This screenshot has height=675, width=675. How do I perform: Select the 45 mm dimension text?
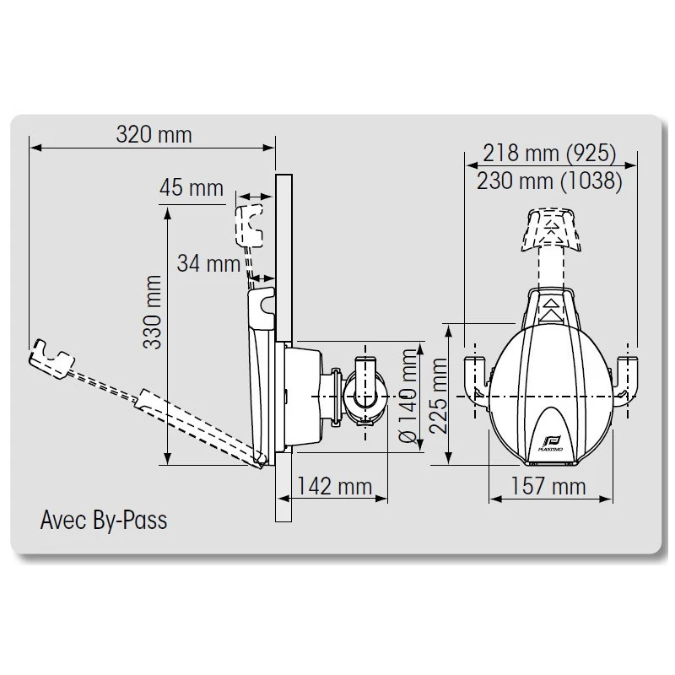(192, 187)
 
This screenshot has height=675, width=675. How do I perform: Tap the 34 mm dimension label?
(208, 263)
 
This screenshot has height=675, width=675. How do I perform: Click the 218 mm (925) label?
(549, 153)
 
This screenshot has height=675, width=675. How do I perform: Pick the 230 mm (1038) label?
(549, 180)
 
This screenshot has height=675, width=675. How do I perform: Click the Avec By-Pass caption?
(104, 519)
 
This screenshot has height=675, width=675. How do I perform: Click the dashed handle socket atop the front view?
(553, 228)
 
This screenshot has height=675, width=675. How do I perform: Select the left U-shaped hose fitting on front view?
(477, 377)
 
